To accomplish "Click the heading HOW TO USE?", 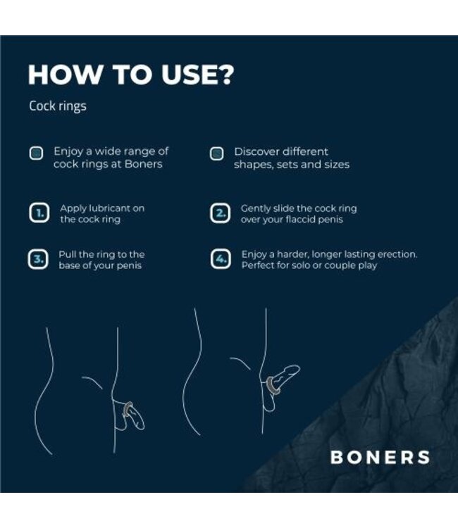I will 130,75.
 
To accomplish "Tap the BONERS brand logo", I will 380,457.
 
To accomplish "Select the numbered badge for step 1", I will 37,214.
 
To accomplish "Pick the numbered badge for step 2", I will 220,214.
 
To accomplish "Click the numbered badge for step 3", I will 37,259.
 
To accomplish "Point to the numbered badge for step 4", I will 220,259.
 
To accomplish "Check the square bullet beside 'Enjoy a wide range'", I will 36,153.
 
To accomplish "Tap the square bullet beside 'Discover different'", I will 217,153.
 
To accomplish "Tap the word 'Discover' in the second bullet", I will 257,151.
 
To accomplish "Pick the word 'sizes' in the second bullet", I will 334,165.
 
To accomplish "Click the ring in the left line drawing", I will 128,408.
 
